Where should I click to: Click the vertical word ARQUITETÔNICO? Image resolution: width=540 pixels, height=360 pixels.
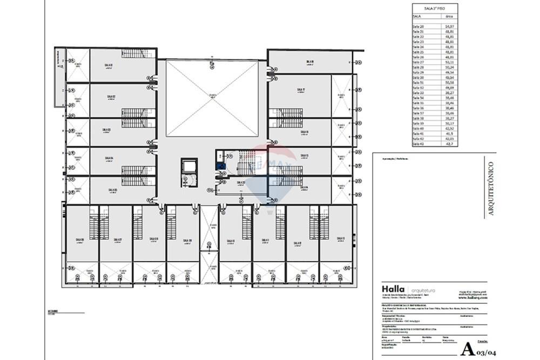491,189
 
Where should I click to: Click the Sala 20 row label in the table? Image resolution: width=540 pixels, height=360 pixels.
418,26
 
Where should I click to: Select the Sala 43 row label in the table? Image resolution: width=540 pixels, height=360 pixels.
418,144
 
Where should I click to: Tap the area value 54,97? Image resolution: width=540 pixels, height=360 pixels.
448,26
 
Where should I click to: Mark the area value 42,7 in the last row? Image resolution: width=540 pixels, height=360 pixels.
448,144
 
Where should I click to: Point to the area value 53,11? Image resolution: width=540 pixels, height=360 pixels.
448,62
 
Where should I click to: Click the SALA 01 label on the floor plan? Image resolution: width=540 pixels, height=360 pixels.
109,65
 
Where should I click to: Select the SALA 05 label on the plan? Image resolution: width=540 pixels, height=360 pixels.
112,190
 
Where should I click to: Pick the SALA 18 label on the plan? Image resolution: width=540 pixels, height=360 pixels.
310,62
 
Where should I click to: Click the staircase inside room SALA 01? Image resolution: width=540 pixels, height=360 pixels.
138,53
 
